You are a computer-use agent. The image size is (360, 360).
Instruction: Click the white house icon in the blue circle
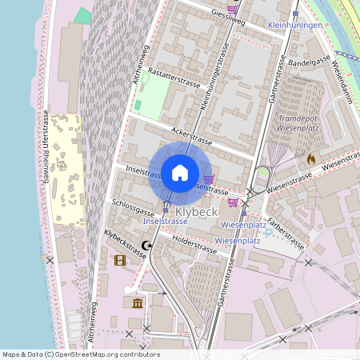point(179,172)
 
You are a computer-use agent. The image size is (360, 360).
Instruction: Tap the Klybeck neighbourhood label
point(195,212)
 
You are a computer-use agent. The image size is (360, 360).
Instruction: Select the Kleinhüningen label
point(295,26)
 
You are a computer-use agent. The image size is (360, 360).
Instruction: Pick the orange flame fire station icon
point(310,159)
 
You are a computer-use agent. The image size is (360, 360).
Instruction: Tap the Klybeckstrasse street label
point(125,244)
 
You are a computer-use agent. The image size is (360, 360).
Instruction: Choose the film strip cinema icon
point(120,260)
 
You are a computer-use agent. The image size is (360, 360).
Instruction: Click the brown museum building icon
point(138,303)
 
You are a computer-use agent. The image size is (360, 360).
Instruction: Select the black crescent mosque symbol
point(146,246)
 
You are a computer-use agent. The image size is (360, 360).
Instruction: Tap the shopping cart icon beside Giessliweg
point(232,9)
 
